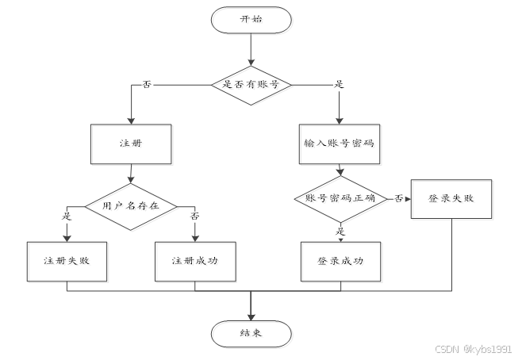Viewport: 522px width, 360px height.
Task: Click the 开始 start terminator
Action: coord(251,19)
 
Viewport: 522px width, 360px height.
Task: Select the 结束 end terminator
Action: coord(251,331)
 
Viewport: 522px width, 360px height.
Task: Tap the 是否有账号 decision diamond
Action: coord(251,83)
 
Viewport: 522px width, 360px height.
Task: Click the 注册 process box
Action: coord(130,144)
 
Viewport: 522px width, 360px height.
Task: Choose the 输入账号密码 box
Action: coord(340,144)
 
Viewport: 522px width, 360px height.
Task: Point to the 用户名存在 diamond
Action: coord(130,205)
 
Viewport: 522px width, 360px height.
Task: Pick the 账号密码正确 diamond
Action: coord(340,198)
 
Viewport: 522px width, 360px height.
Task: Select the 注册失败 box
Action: coord(67,260)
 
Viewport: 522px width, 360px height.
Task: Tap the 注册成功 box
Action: coord(195,260)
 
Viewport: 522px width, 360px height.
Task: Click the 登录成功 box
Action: coord(340,260)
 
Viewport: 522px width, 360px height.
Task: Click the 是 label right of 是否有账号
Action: coord(340,83)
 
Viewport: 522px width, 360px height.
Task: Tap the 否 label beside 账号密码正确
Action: coord(398,198)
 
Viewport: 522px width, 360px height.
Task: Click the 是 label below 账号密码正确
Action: coord(341,232)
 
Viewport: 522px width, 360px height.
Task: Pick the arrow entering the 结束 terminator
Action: coord(251,305)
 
